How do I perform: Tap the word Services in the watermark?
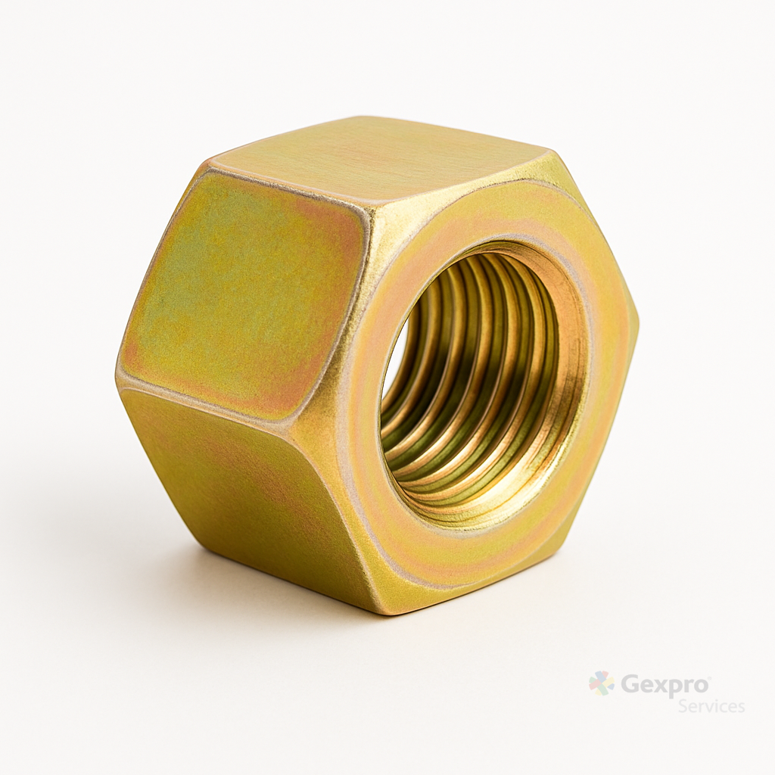coord(711,706)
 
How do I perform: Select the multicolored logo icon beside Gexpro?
coord(602,683)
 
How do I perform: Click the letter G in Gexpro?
coord(628,684)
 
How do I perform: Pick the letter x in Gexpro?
coord(660,687)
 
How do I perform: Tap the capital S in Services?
coord(683,706)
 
